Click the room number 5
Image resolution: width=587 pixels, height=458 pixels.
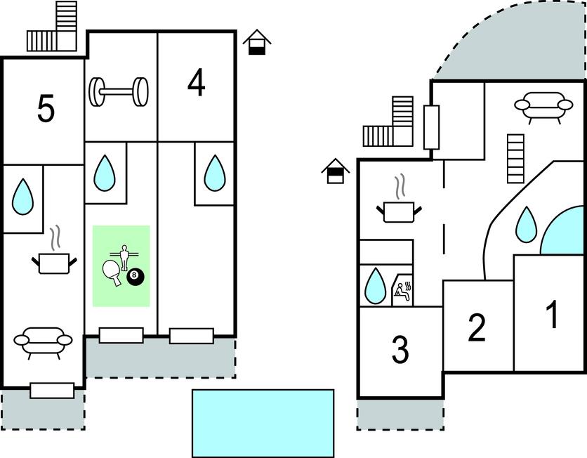(x=46, y=110)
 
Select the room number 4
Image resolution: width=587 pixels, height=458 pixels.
(x=197, y=84)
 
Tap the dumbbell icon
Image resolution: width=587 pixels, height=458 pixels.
(x=119, y=91)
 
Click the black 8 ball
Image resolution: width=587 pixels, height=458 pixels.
(x=135, y=277)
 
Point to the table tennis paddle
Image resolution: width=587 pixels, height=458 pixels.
(x=112, y=271)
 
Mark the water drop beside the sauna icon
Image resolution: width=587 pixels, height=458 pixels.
(x=375, y=286)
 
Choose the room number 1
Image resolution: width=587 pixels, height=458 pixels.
(x=553, y=315)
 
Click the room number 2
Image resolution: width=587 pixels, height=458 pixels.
(x=477, y=327)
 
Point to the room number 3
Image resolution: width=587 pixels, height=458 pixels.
(x=400, y=350)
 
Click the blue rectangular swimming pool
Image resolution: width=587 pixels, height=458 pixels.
(x=263, y=423)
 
